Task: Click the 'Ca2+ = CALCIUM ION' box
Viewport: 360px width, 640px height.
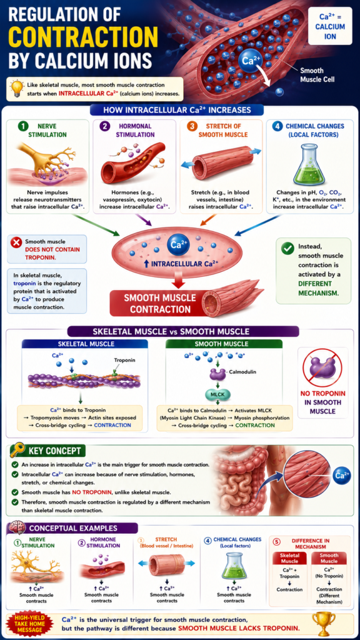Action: click(x=330, y=25)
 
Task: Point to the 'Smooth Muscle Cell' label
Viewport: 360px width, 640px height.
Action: click(x=317, y=74)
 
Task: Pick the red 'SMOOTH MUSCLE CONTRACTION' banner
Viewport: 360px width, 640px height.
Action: click(x=154, y=303)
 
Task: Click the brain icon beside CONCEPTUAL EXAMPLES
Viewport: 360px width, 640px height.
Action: click(x=17, y=527)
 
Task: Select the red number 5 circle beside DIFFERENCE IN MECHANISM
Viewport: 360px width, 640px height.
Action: click(x=277, y=542)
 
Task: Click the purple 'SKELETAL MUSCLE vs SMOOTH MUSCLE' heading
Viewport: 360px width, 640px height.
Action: click(x=182, y=331)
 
